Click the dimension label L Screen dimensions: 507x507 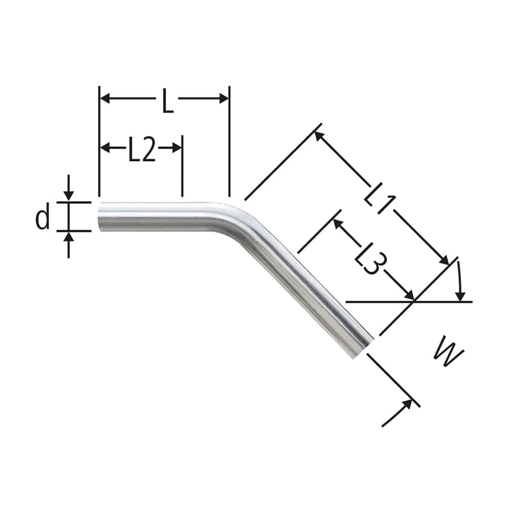point(168,101)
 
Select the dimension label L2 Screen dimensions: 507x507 point(141,151)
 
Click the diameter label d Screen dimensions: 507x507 point(43,218)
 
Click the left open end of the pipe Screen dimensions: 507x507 point(100,217)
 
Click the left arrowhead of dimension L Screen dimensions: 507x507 point(104,98)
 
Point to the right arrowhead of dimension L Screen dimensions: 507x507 point(224,98)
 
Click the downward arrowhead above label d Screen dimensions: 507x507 point(69,196)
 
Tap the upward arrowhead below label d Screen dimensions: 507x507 point(69,237)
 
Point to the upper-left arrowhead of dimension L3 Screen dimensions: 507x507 point(337,223)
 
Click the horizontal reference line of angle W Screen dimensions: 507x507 point(385,302)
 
